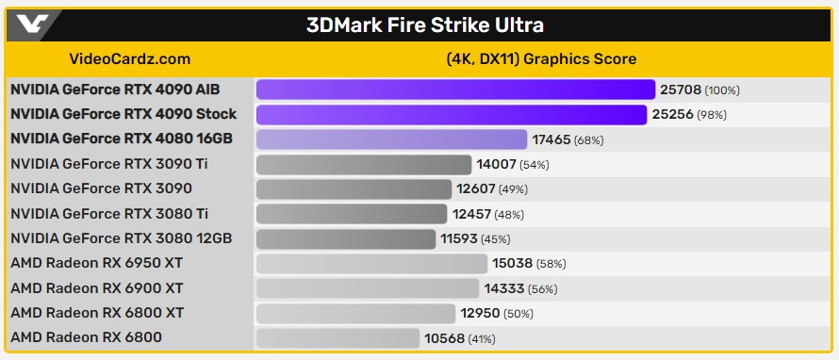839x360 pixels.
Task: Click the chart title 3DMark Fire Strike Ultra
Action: (424, 25)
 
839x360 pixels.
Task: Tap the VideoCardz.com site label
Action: (130, 58)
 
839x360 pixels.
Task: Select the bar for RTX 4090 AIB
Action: (455, 90)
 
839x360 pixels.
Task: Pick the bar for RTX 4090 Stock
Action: (452, 114)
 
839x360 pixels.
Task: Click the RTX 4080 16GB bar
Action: (391, 139)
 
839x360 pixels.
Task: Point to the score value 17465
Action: (551, 139)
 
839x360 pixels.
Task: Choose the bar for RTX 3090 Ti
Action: (363, 164)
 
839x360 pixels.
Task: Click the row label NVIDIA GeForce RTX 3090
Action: (101, 188)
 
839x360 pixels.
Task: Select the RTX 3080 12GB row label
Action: (121, 238)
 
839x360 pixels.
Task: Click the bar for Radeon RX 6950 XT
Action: (371, 263)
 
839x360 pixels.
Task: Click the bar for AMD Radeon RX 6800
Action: (337, 337)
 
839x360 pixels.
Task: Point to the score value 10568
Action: (443, 337)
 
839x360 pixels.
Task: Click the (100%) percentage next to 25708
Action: (722, 90)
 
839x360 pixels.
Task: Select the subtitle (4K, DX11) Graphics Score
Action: (541, 58)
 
